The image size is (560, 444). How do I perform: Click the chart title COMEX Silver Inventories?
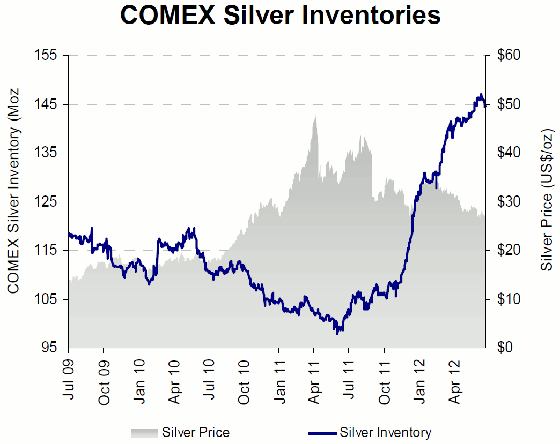pos(280,16)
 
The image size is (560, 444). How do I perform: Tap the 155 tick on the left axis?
pos(49,56)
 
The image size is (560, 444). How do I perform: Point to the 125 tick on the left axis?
pos(49,202)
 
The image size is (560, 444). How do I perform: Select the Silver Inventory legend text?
pos(385,432)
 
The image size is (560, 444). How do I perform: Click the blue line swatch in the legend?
pos(322,432)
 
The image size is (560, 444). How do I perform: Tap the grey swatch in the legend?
pos(145,432)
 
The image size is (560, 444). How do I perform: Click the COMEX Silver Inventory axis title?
pos(13,190)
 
